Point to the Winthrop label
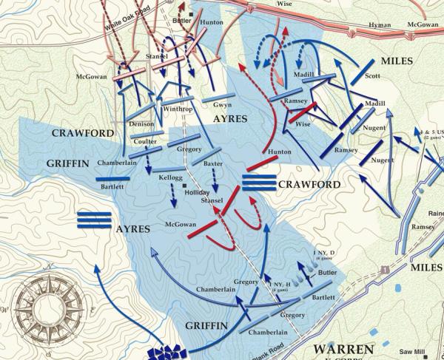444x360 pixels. point(178,109)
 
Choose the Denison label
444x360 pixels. point(142,123)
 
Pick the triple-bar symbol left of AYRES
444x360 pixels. point(95,220)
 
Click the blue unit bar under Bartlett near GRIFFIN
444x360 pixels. point(118,178)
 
